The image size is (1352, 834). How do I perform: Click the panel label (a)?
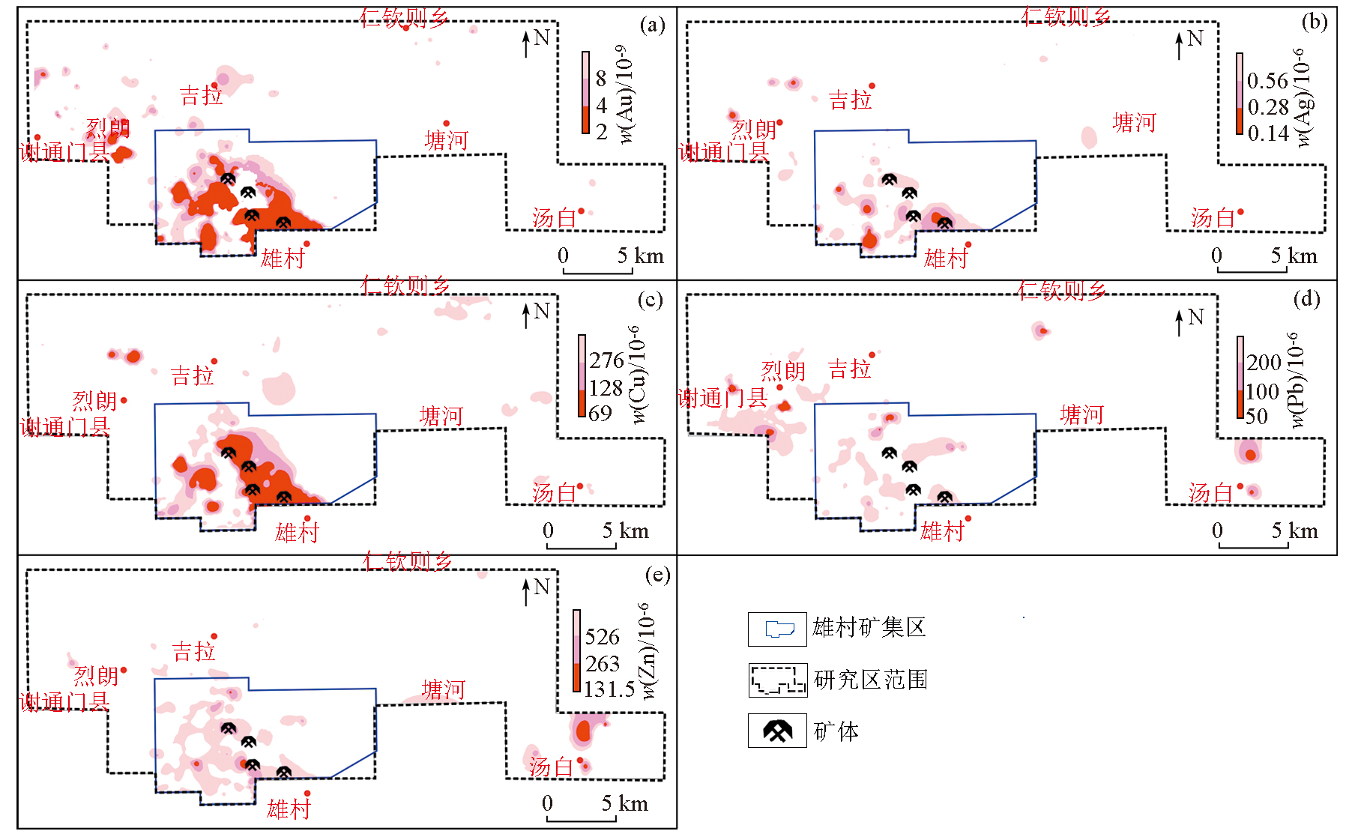pyautogui.click(x=652, y=25)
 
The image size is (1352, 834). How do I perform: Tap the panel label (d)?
pyautogui.click(x=1306, y=300)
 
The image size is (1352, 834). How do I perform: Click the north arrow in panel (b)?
pyautogui.click(x=1179, y=45)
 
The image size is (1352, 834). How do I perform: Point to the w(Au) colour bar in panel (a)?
pyautogui.click(x=585, y=93)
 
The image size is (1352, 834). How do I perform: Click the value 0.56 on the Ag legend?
pyautogui.click(x=1267, y=81)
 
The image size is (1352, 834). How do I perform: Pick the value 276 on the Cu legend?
pyautogui.click(x=606, y=360)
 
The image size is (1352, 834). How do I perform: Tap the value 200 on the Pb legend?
pyautogui.click(x=1264, y=363)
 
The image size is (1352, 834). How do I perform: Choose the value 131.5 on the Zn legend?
pyautogui.click(x=609, y=689)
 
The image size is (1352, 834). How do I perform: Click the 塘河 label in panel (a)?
pyautogui.click(x=446, y=140)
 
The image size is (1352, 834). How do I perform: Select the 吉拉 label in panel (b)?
pyautogui.click(x=850, y=100)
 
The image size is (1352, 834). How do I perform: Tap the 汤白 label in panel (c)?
pyautogui.click(x=553, y=493)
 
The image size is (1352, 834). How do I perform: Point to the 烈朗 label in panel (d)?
pyautogui.click(x=783, y=370)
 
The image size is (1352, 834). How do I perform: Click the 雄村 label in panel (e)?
pyautogui.click(x=289, y=809)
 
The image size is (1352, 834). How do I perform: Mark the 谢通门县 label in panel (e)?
pyautogui.click(x=64, y=702)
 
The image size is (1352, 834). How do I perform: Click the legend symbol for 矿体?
pyautogui.click(x=777, y=731)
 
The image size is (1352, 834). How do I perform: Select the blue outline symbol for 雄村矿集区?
pyautogui.click(x=777, y=629)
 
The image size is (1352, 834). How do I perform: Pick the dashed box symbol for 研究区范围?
pyautogui.click(x=777, y=680)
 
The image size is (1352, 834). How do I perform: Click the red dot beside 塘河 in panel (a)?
pyautogui.click(x=447, y=124)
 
